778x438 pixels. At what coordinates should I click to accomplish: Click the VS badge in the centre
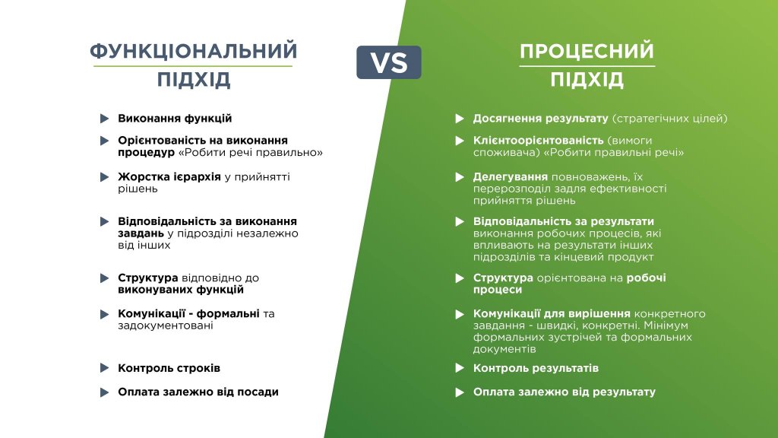pos(388,62)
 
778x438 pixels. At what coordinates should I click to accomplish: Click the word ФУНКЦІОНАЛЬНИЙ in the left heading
pos(194,51)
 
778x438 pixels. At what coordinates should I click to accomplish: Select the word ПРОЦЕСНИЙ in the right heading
pos(587,51)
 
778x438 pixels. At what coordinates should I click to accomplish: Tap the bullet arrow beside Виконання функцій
pos(104,119)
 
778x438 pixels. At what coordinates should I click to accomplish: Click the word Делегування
pos(510,176)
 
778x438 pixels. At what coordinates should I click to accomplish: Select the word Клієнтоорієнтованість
pos(538,141)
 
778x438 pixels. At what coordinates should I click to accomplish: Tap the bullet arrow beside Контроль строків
pos(104,368)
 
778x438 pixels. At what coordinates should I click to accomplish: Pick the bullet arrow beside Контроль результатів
pos(460,368)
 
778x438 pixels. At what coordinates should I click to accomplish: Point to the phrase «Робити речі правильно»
pos(251,152)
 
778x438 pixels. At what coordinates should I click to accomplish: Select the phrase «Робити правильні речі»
pos(614,152)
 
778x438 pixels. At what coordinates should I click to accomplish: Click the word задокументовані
pos(166,325)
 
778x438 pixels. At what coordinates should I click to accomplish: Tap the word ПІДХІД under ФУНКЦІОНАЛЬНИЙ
pos(194,79)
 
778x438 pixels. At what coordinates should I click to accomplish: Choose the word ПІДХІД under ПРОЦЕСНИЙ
pos(587,79)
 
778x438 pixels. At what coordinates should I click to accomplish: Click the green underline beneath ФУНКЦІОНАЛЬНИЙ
pos(192,66)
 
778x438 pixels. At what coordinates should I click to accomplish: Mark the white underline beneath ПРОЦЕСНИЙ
pos(587,66)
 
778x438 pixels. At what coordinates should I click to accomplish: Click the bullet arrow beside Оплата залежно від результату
pos(460,392)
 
